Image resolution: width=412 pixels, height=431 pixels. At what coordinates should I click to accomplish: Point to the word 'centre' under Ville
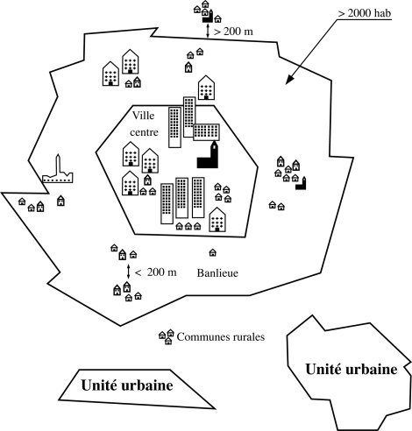tap(149, 131)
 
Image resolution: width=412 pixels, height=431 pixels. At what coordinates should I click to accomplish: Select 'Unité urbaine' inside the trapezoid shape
tap(125, 385)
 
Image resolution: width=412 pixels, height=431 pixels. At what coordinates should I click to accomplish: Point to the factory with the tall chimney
tap(58, 171)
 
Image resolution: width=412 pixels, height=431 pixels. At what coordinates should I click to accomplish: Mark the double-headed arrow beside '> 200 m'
tap(208, 32)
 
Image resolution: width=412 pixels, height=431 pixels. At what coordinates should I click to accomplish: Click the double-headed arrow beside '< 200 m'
tap(128, 272)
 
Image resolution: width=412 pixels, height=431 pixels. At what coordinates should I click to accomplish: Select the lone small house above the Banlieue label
tap(211, 253)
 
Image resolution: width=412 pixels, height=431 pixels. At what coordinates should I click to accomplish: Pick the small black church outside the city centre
tap(303, 182)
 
